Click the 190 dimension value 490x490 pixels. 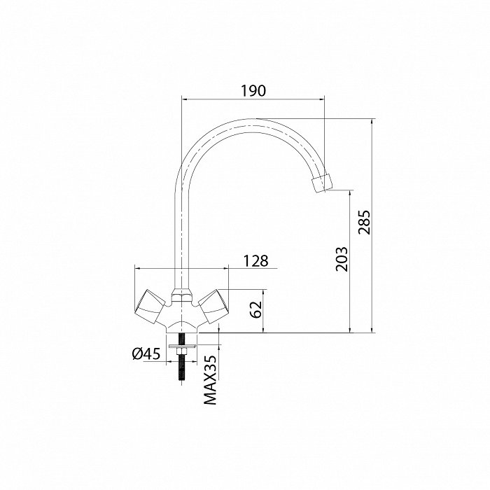coord(253,90)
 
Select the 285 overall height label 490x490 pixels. coord(365,222)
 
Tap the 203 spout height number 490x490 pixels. coord(342,259)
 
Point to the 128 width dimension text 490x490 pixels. coord(255,261)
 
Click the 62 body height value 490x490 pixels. coord(257,309)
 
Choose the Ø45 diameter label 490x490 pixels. coord(146,353)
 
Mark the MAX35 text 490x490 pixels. coord(210,379)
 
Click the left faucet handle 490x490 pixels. coord(150,307)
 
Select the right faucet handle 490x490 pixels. coord(213,307)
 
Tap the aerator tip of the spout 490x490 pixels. coord(322,183)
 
